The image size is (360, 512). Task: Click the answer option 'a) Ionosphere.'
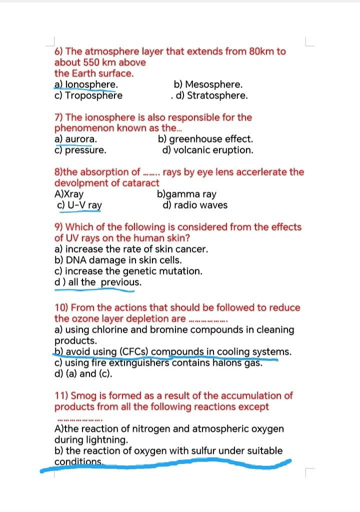pyautogui.click(x=86, y=85)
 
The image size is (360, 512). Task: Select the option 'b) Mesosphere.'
pyautogui.click(x=208, y=85)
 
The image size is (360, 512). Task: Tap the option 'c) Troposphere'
pyautogui.click(x=88, y=96)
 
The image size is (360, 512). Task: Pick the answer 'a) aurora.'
pyautogui.click(x=75, y=139)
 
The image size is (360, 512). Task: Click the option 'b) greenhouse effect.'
pyautogui.click(x=205, y=139)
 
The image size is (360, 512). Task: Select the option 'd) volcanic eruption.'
pyautogui.click(x=207, y=150)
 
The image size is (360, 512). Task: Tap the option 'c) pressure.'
pyautogui.click(x=80, y=150)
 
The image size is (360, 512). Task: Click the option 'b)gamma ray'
pyautogui.click(x=186, y=194)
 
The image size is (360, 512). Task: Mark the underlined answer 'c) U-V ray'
pyautogui.click(x=80, y=205)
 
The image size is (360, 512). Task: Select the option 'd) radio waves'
pyautogui.click(x=195, y=205)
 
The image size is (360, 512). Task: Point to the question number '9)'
pyautogui.click(x=59, y=227)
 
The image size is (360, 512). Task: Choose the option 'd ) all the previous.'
pyautogui.click(x=97, y=282)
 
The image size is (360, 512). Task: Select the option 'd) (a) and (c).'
pyautogui.click(x=83, y=374)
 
